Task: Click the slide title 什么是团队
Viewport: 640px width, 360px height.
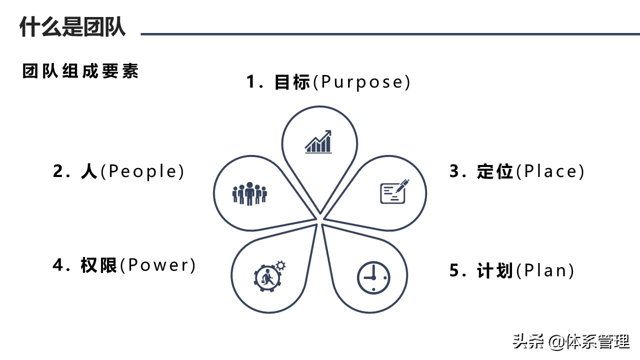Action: click(x=72, y=26)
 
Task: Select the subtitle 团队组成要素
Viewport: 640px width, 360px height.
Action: click(x=80, y=71)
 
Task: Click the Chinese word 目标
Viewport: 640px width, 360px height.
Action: click(x=292, y=82)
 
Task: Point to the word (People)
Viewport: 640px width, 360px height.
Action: click(x=142, y=171)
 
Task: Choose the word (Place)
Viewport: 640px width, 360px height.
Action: click(x=550, y=171)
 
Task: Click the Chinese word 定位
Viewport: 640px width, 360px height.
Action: click(x=495, y=171)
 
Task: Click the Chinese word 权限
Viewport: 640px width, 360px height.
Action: click(x=98, y=265)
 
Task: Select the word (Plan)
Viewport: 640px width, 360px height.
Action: click(x=544, y=270)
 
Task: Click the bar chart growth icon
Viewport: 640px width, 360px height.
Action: click(x=318, y=142)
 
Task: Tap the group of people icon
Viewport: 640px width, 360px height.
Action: click(x=249, y=193)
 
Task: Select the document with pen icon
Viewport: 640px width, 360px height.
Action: click(x=394, y=191)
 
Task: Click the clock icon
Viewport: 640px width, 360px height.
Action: click(x=373, y=277)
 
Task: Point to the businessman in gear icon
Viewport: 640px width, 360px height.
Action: click(x=269, y=274)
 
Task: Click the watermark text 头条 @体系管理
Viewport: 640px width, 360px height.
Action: click(x=570, y=342)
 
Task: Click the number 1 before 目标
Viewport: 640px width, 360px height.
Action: click(x=251, y=82)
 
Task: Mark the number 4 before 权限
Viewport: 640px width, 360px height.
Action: click(x=58, y=265)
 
